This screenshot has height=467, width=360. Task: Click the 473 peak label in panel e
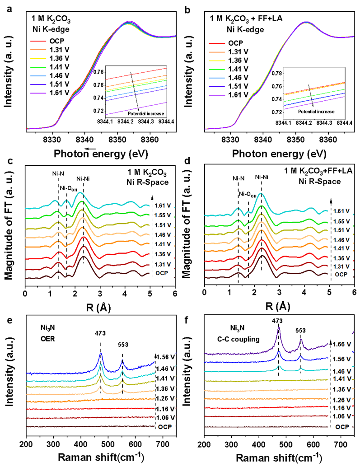[x=100, y=335]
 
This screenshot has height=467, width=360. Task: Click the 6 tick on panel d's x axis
[x=355, y=293]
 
